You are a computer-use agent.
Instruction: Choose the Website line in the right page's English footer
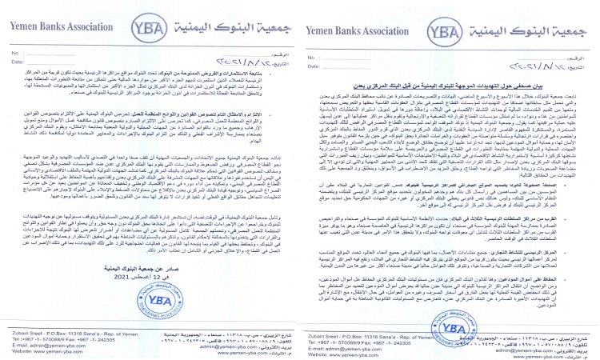(x=340, y=349)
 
